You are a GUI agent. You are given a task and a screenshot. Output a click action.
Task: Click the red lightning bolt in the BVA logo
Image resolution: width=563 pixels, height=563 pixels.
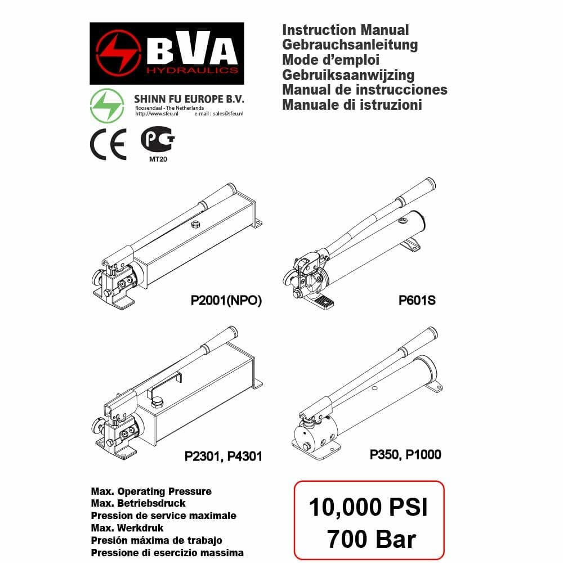coord(118,53)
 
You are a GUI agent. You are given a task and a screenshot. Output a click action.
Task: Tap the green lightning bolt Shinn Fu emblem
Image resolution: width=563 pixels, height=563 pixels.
coord(107,106)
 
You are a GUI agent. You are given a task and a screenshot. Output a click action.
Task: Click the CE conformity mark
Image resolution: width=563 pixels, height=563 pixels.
coord(108,144)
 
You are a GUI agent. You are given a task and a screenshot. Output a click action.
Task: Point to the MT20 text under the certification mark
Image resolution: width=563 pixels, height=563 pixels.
coord(158,159)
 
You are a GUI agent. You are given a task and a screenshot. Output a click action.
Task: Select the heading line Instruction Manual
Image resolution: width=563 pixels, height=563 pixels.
coord(346,30)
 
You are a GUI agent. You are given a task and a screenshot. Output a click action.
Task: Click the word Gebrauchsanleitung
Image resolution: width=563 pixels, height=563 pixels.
coord(350,45)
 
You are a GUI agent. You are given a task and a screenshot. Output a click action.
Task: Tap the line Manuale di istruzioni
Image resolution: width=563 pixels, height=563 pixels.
coord(352,105)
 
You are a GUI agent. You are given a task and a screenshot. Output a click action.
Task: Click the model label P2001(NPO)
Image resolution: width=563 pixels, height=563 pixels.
coord(226,300)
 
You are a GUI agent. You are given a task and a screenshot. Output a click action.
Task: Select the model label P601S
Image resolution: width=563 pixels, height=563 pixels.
coord(417,300)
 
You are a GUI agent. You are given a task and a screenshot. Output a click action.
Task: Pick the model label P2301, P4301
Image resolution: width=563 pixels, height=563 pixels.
coord(224,457)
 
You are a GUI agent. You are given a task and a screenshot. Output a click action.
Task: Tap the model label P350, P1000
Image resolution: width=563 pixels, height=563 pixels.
coord(405,454)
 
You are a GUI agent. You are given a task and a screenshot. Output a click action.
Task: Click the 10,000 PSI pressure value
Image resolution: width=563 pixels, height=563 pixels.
coord(368,507)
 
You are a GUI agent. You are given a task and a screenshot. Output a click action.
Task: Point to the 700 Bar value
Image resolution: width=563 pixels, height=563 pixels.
coord(371,539)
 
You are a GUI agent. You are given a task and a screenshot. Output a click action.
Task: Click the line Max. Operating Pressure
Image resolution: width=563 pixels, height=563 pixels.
coord(151,491)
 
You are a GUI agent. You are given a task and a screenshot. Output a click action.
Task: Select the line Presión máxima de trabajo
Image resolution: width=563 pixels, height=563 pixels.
coord(157,540)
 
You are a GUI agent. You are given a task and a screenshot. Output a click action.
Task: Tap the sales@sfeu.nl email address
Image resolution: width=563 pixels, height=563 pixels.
coord(228,114)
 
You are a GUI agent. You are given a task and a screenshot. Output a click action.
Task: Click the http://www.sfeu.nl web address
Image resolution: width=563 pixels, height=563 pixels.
coord(157,114)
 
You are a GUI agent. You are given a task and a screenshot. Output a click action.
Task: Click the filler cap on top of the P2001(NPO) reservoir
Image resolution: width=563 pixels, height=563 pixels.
coord(195,225)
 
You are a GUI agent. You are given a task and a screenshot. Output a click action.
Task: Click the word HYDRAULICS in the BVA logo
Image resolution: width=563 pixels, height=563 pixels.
coord(192,70)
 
